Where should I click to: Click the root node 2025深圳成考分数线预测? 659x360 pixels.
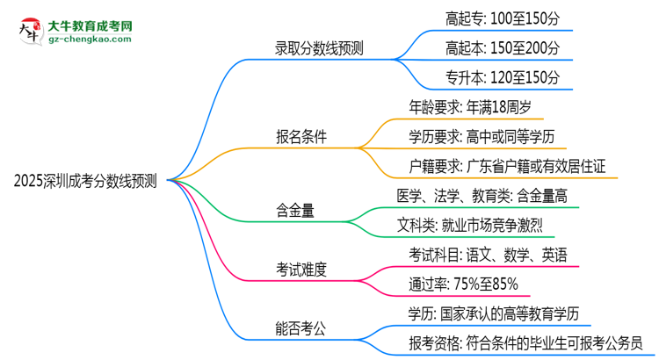point(85,182)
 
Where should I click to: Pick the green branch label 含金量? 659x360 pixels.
point(296,211)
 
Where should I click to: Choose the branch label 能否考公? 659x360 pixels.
point(301,329)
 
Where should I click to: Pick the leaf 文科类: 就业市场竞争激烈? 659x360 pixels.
point(475,226)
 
